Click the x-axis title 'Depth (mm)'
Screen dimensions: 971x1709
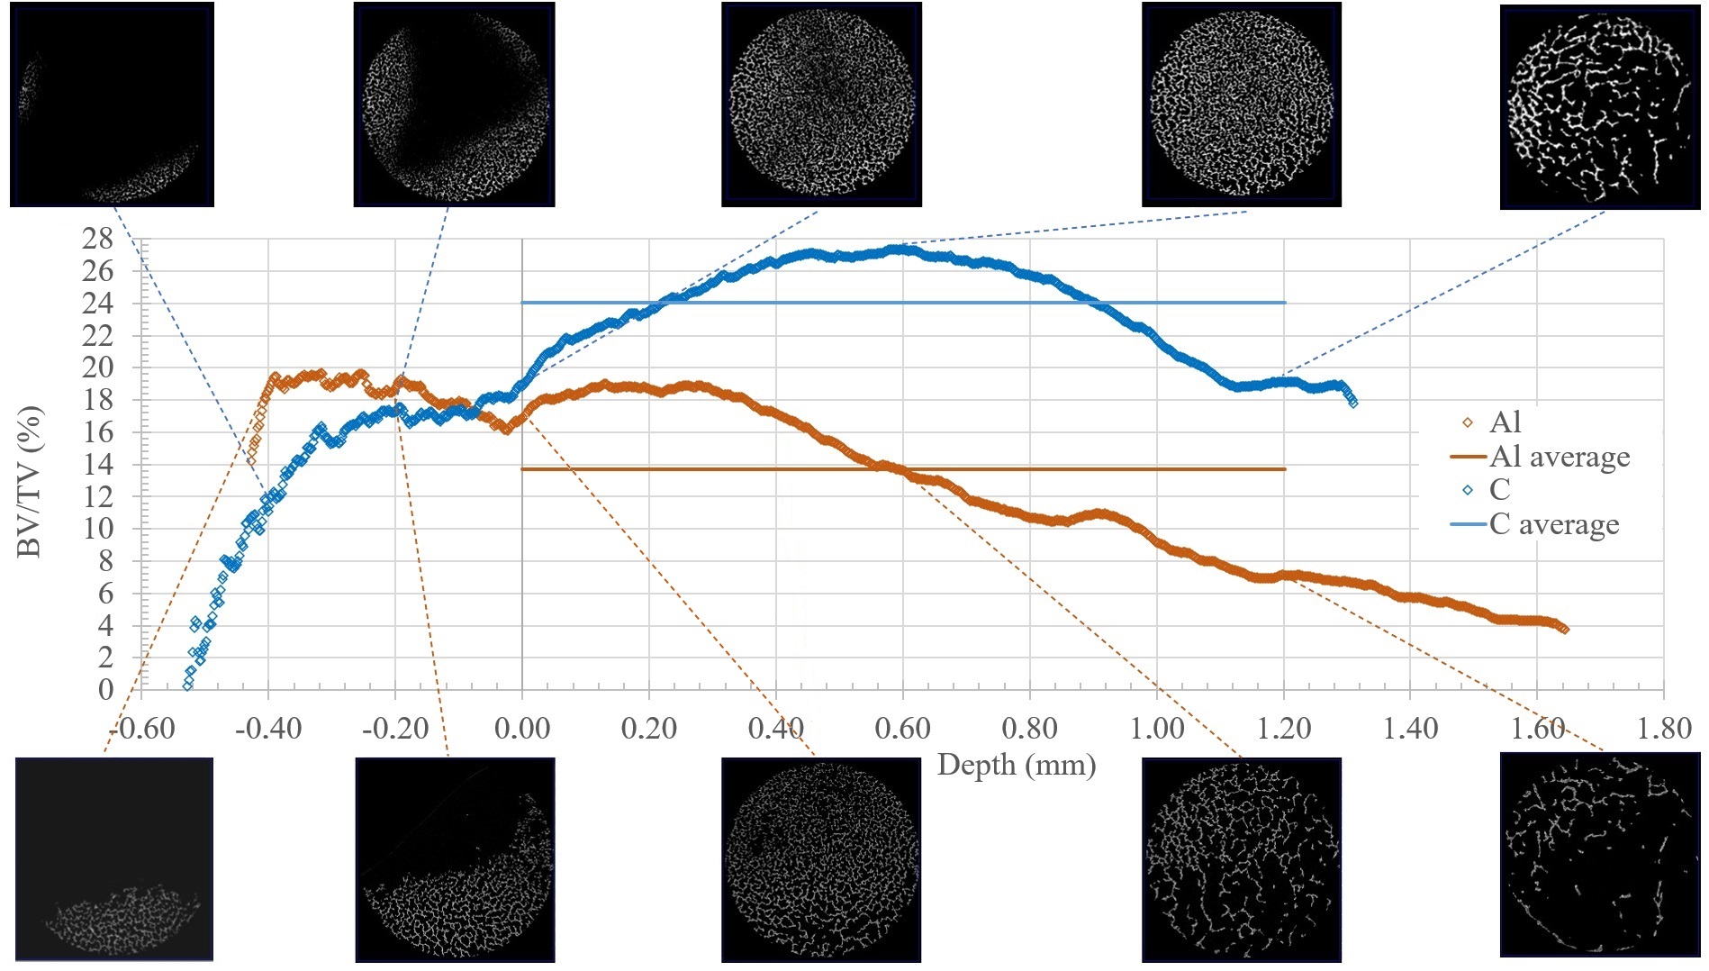[1016, 766]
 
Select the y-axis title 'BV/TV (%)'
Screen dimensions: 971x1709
[30, 483]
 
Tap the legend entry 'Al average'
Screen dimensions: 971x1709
[1560, 457]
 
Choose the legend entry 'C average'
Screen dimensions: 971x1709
[1554, 524]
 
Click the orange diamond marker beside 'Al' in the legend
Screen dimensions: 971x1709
[1468, 422]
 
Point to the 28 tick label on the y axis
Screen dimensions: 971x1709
[97, 240]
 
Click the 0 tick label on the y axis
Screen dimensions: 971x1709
[106, 690]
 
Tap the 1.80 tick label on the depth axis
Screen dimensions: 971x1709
[1663, 728]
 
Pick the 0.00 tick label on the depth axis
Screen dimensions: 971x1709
[521, 728]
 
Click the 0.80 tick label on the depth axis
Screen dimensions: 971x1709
[1029, 728]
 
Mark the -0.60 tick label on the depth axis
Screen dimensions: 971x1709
[141, 728]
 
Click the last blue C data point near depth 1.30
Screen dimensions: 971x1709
[1352, 403]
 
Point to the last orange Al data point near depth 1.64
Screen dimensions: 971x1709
[1564, 630]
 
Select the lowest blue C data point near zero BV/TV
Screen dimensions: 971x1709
[187, 685]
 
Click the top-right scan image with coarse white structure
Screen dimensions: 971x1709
[1599, 106]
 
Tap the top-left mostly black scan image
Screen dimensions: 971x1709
[112, 104]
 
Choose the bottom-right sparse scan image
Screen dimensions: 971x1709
[1599, 854]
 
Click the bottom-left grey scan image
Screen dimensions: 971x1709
[114, 858]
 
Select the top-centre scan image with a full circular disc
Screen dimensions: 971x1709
[821, 104]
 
